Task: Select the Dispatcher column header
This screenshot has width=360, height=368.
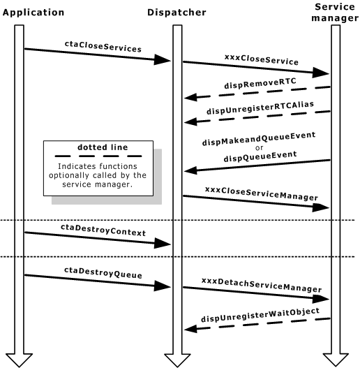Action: [x=176, y=12]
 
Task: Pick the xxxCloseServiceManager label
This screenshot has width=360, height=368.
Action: [x=257, y=189]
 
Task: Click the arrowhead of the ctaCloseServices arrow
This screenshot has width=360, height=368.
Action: [x=163, y=61]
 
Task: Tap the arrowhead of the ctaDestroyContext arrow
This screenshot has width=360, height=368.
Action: [x=163, y=242]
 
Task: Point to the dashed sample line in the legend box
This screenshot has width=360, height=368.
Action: [x=102, y=157]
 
